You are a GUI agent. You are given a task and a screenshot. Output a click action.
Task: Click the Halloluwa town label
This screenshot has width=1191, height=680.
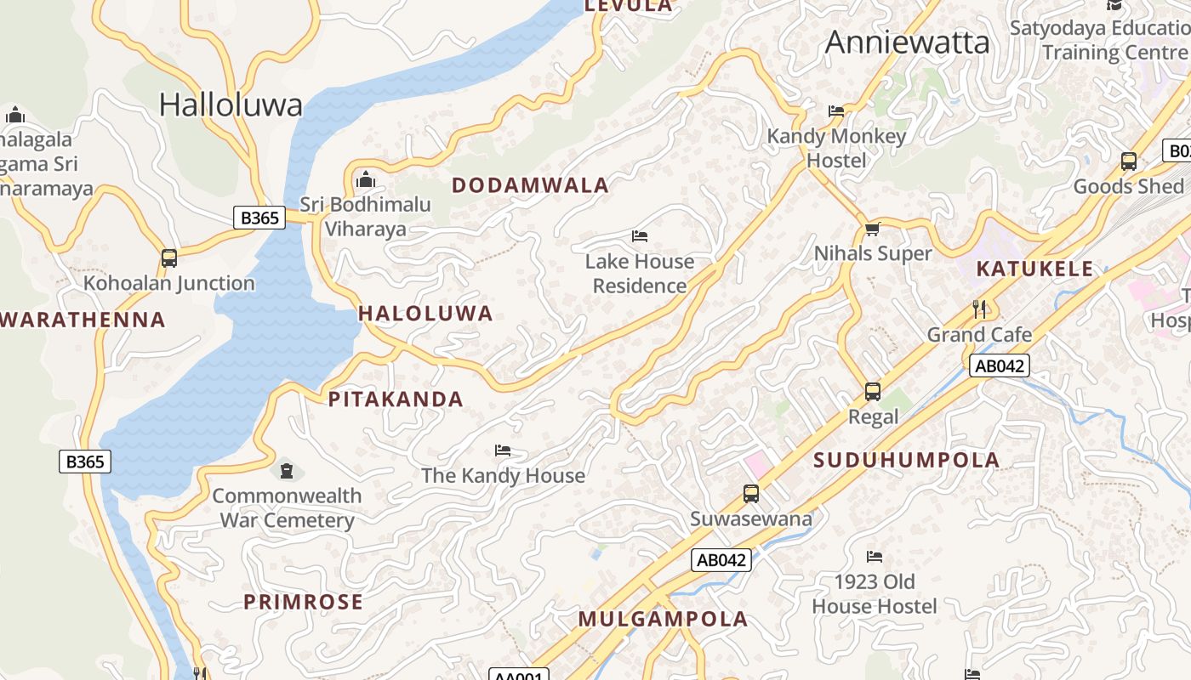(x=231, y=105)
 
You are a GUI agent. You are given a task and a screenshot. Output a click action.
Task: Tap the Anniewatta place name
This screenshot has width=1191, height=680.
(x=907, y=42)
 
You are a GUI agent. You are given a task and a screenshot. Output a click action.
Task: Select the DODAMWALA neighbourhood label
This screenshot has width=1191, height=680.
(x=530, y=185)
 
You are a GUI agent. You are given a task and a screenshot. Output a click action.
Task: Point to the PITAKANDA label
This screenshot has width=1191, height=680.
(x=396, y=399)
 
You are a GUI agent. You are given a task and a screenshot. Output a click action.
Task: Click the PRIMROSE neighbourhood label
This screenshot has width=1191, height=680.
(x=303, y=602)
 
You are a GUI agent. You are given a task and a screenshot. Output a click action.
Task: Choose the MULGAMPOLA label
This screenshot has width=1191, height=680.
(x=663, y=619)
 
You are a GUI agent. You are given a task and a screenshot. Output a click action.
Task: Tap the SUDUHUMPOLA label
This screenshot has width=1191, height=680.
(x=907, y=460)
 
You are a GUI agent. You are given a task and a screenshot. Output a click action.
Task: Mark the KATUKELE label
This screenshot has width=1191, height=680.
(x=1034, y=269)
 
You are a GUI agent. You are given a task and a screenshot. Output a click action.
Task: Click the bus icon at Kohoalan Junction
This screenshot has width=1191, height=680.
(x=169, y=258)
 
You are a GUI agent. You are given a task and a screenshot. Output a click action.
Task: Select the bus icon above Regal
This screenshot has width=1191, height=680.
(x=873, y=392)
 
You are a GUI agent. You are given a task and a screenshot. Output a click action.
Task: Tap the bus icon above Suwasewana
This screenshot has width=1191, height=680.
(x=750, y=494)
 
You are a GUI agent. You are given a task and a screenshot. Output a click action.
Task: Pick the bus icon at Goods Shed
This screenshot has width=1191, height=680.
(x=1129, y=161)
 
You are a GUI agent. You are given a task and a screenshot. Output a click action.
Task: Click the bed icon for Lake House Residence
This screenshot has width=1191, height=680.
(x=640, y=236)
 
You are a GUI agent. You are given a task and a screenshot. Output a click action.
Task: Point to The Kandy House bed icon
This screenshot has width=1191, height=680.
(x=503, y=450)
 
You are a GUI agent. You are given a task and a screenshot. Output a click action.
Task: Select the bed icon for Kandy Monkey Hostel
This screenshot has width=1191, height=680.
(x=836, y=111)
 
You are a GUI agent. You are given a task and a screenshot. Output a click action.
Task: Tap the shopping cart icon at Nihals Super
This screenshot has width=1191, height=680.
(x=872, y=229)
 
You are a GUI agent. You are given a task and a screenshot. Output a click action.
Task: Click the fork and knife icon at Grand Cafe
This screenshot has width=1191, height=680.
(x=979, y=309)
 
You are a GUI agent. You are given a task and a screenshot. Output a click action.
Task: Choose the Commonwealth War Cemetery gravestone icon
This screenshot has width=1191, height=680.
(x=287, y=470)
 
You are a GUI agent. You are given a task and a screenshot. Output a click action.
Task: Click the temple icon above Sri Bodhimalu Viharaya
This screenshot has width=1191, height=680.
(x=366, y=179)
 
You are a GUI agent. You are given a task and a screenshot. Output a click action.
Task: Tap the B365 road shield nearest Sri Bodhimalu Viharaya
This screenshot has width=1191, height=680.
(x=259, y=218)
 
